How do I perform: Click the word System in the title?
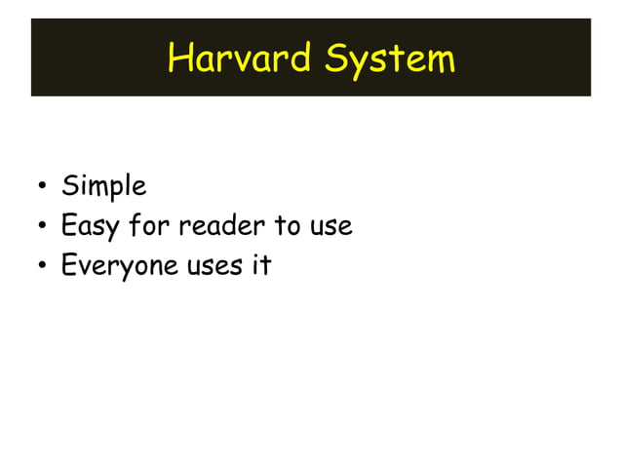click(x=390, y=58)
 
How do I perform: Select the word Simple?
click(x=103, y=186)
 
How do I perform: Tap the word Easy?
click(x=89, y=227)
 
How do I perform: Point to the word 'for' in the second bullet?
click(x=149, y=226)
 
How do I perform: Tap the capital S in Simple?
click(x=69, y=185)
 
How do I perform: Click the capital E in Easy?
click(x=69, y=226)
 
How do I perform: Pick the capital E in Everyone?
click(x=69, y=265)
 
